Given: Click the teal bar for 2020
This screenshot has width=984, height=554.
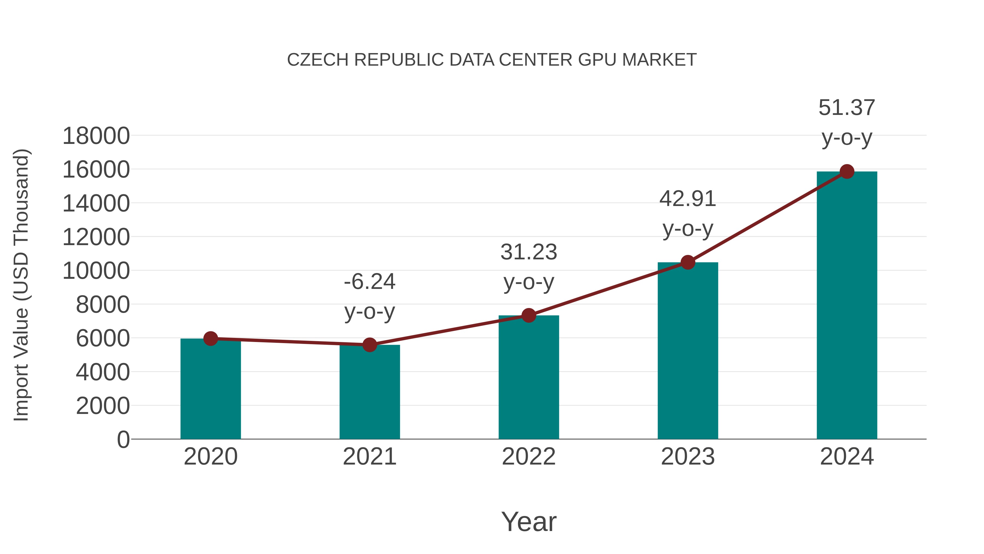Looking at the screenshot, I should pos(210,390).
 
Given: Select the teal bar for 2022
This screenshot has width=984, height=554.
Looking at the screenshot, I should pos(529,379).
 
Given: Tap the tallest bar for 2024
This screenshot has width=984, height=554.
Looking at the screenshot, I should pos(847,306).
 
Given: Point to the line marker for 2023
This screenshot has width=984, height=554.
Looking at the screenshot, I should pos(688,263).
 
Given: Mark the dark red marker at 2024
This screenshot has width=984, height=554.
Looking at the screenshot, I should pos(847,172).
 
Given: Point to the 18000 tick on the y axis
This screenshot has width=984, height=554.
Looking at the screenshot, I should pos(96,136).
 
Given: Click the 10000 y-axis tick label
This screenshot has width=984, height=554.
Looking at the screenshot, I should pos(96,271).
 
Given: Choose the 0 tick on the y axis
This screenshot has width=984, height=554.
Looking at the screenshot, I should pos(123,440).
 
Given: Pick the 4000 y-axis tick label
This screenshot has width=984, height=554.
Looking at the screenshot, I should pos(103,372).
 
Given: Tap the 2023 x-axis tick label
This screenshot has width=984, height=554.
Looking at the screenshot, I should pos(688,457).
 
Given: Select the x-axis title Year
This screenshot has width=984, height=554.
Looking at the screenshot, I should pos(529,522).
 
